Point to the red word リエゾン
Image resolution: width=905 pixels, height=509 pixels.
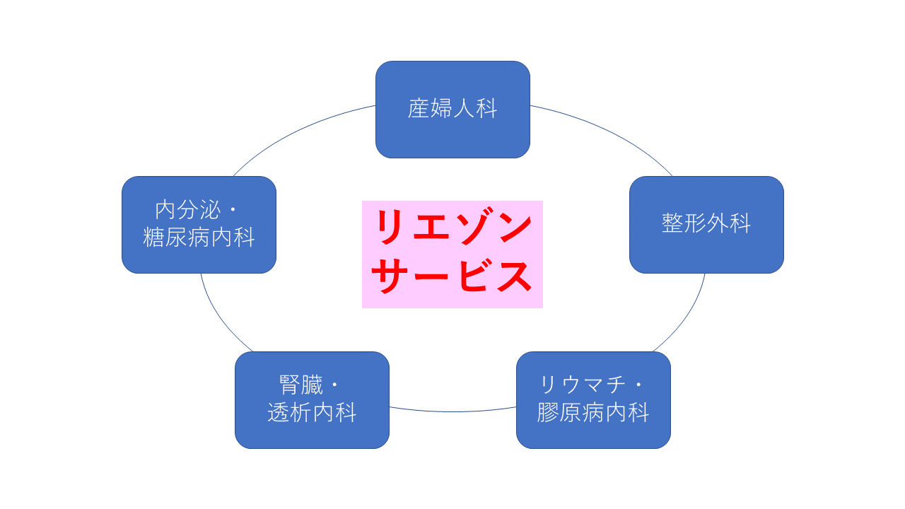point(452,228)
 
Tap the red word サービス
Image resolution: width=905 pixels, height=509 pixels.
point(452,276)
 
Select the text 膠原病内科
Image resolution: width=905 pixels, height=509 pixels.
point(593,412)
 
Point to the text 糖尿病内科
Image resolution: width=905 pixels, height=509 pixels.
point(199,238)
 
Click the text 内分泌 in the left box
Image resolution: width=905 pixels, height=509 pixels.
point(188,210)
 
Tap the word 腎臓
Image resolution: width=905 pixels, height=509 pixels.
point(301,385)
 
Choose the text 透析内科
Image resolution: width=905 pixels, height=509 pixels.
point(312,412)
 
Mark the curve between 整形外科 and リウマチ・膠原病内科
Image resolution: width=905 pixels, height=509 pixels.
point(686,318)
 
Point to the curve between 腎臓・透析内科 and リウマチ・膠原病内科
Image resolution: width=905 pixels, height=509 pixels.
point(452,411)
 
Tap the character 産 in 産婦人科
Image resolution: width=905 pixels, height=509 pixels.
point(419,109)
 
